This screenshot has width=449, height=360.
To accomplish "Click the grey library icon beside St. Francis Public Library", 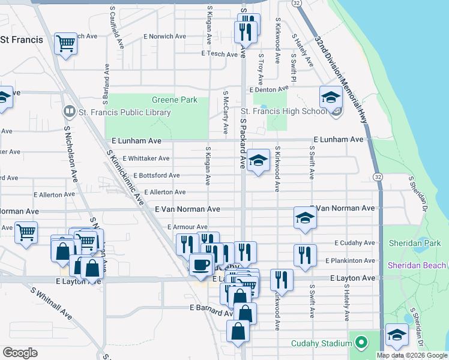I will point(70,112).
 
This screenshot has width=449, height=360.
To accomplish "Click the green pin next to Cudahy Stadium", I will point(360,343).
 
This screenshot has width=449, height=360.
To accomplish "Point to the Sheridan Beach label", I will point(417,265).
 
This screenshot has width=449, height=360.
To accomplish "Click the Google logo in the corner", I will point(20,353).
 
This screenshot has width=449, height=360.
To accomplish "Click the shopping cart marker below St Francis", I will point(65,43).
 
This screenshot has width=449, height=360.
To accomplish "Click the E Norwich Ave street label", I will point(166,36).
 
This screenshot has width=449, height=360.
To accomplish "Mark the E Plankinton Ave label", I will point(350,261).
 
